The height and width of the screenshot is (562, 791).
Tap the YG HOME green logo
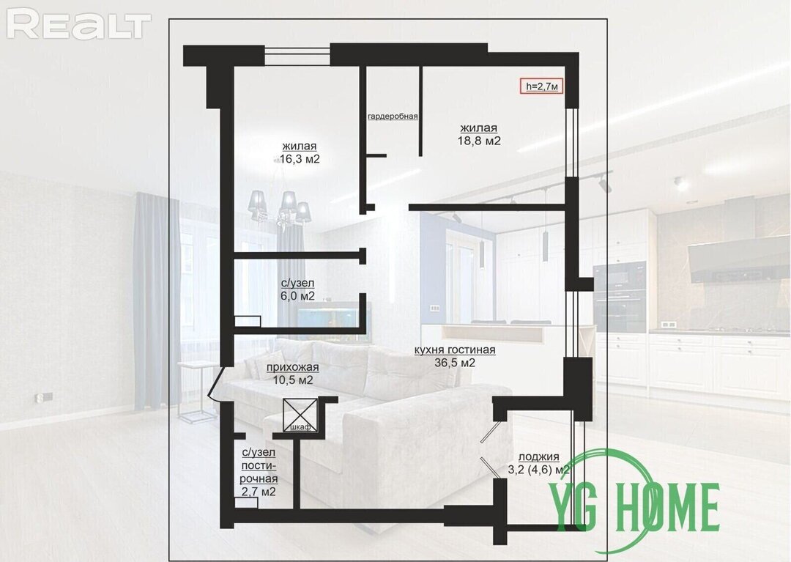[x=634, y=505]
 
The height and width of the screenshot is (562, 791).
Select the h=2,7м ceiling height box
[x=542, y=86]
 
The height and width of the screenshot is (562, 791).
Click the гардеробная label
[x=393, y=117]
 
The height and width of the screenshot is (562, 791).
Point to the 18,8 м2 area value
[x=479, y=141]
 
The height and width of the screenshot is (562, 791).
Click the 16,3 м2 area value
[x=299, y=160]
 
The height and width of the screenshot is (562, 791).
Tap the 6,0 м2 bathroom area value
[x=297, y=296]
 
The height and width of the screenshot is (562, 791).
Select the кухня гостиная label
[x=455, y=350]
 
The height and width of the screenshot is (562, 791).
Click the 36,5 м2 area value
[x=455, y=362]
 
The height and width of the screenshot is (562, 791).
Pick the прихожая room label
[x=292, y=367]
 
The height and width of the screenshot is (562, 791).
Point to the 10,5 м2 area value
[x=292, y=380]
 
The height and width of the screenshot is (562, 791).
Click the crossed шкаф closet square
[x=301, y=415]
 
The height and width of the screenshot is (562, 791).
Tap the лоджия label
[x=539, y=456]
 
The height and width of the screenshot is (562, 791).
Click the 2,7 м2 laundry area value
[x=259, y=492]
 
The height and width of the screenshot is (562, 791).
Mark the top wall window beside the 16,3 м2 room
[x=297, y=55]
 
